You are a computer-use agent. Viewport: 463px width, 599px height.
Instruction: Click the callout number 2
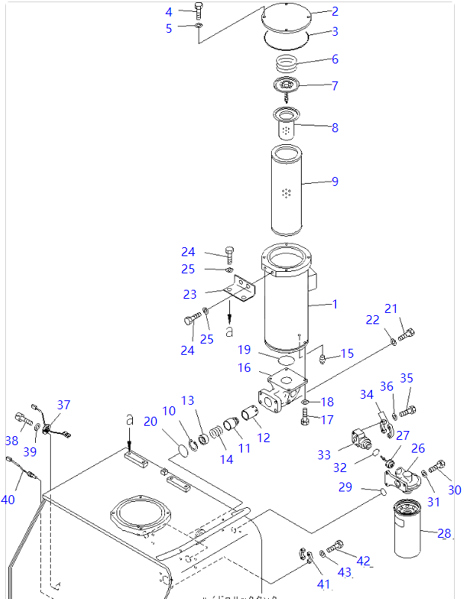pyautogui.click(x=335, y=11)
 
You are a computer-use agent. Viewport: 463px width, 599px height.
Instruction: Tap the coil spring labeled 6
pyautogui.click(x=288, y=63)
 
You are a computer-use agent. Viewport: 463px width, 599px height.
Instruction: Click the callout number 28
pyautogui.click(x=444, y=533)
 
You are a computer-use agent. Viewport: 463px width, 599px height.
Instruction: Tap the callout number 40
pyautogui.click(x=7, y=499)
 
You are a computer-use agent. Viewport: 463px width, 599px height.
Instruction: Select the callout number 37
pyautogui.click(x=63, y=405)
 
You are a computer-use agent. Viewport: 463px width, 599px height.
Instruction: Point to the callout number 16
pyautogui.click(x=244, y=367)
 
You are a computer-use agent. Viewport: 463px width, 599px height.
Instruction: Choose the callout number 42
pyautogui.click(x=363, y=561)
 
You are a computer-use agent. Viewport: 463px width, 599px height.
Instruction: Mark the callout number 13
pyautogui.click(x=187, y=401)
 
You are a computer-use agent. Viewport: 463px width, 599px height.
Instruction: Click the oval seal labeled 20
pyautogui.click(x=178, y=448)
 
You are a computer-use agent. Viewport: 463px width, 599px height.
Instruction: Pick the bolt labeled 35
pyautogui.click(x=407, y=410)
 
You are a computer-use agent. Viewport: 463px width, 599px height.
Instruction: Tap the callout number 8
pyautogui.click(x=335, y=128)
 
